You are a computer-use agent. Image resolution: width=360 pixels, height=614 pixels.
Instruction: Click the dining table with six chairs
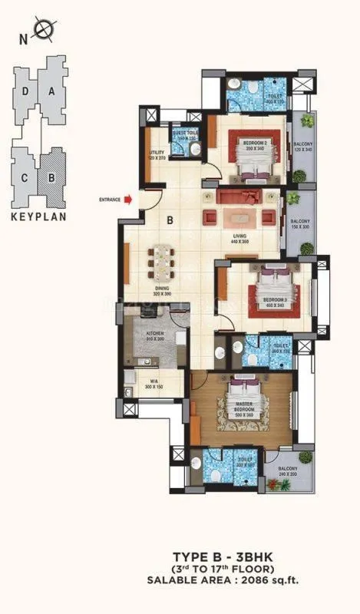(162, 260)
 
